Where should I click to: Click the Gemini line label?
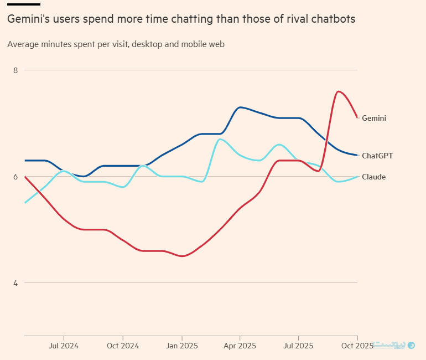[x=374, y=118]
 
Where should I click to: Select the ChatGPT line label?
[x=377, y=156]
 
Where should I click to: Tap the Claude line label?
[x=374, y=177]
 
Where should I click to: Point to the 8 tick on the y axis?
[x=15, y=70]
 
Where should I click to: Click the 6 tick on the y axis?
[x=15, y=177]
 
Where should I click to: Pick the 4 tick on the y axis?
[x=15, y=283]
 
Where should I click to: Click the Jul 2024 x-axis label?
[x=64, y=346]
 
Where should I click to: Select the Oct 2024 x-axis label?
[x=122, y=346]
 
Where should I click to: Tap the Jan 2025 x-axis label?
[x=181, y=346]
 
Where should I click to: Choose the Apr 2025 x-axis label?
[x=240, y=346]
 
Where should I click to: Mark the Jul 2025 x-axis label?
[x=298, y=346]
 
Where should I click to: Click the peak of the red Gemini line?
[x=338, y=91]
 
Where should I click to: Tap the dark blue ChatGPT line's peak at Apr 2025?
[x=240, y=107]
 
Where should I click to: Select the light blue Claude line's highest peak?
[x=220, y=139]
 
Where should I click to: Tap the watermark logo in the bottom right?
[x=411, y=345]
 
